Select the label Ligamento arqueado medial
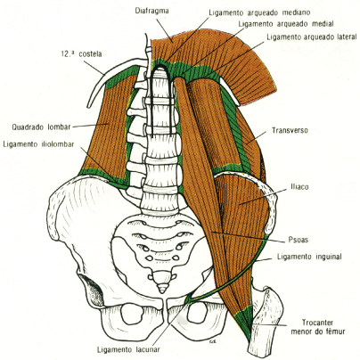click(x=286, y=25)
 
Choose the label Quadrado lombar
click(x=35, y=126)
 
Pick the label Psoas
click(x=300, y=239)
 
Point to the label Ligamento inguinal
click(x=308, y=258)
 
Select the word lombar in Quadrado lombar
click(x=53, y=126)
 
